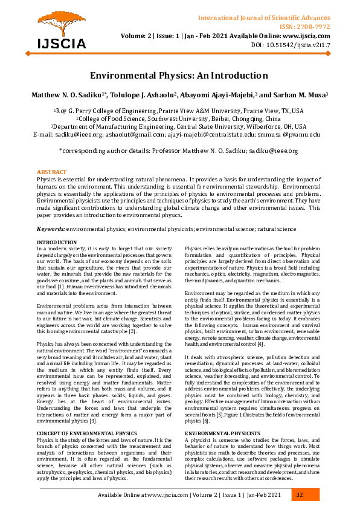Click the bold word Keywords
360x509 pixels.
click(x=51, y=230)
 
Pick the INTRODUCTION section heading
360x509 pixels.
click(x=57, y=242)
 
